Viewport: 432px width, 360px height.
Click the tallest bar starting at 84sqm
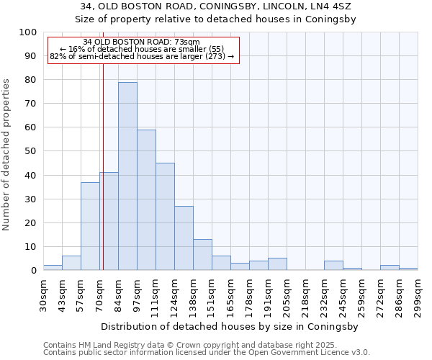coord(127,176)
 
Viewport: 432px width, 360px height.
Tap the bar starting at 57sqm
coord(90,226)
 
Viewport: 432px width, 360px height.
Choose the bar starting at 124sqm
coord(184,238)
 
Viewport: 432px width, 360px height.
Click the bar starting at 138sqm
coord(202,255)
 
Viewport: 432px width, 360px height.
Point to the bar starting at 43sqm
coord(71,263)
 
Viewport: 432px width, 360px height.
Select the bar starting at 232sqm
coord(333,266)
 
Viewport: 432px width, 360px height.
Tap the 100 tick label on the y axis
coord(28,32)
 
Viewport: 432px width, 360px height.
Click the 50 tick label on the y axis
coord(31,151)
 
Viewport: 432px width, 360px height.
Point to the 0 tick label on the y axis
coord(34,271)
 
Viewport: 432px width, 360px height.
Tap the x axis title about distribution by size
coord(230,326)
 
